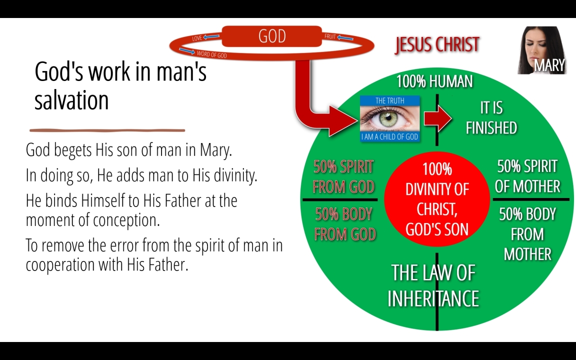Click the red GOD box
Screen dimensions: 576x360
coord(272,36)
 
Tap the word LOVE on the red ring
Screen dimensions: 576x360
coord(197,38)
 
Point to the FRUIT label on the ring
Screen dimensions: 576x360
coord(330,36)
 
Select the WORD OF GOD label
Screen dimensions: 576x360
coord(211,54)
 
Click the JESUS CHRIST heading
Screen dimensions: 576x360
coord(437,45)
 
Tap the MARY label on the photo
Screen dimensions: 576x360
coord(549,65)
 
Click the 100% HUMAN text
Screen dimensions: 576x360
coord(434,81)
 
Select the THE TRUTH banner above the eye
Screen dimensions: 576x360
coord(390,100)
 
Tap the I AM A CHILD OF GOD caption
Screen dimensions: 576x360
coord(390,137)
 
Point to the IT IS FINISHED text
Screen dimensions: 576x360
coord(491,118)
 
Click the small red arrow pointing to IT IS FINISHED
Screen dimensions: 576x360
coord(438,118)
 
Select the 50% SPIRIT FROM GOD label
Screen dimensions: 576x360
coord(343,176)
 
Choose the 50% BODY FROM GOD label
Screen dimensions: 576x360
coord(344,224)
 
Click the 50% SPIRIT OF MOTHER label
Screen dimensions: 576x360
coord(527,176)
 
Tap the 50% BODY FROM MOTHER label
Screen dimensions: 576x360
coord(527,234)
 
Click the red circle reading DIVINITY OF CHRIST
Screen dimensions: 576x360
coord(437,199)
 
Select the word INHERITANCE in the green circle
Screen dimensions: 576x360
coord(433,298)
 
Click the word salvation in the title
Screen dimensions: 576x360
coord(71,100)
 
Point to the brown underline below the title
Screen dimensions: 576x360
coord(107,130)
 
